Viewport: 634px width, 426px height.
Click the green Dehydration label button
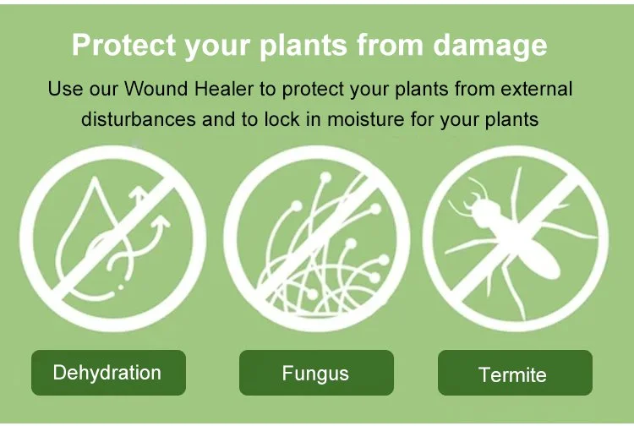pyautogui.click(x=107, y=373)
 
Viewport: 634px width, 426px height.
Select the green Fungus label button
pyautogui.click(x=316, y=373)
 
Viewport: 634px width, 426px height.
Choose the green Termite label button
pyautogui.click(x=514, y=374)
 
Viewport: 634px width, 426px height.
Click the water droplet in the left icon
pyautogui.click(x=85, y=245)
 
